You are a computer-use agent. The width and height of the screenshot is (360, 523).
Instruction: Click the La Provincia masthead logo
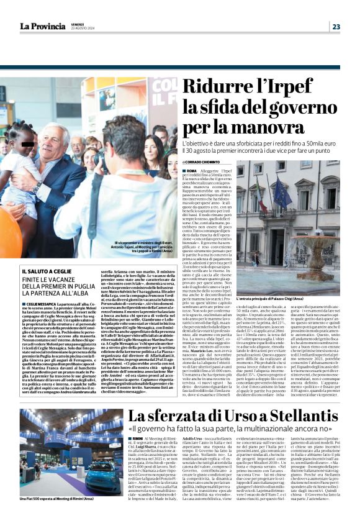[42, 26]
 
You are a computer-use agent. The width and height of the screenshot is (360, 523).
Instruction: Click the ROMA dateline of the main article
[192, 170]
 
